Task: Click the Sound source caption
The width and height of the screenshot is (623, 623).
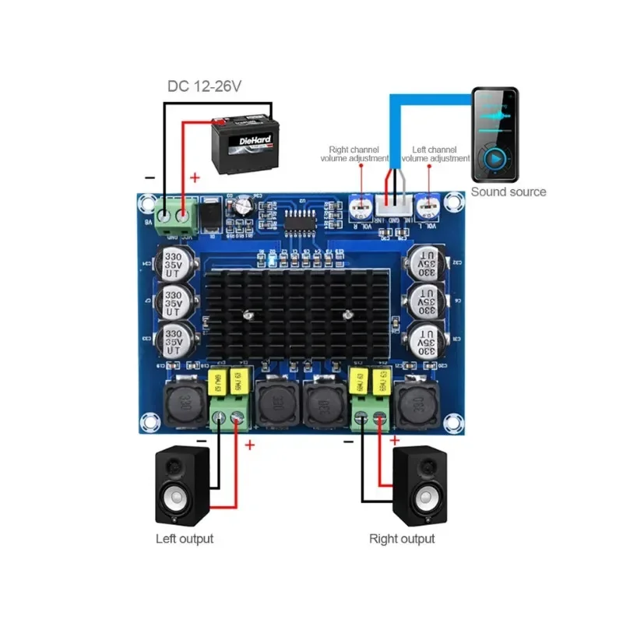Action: [509, 192]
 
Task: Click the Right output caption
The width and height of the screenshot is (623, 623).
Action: [402, 538]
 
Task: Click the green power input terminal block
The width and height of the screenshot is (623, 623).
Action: [174, 213]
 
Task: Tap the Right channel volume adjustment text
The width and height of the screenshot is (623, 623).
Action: [354, 153]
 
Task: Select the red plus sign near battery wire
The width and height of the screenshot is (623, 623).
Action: [195, 178]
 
